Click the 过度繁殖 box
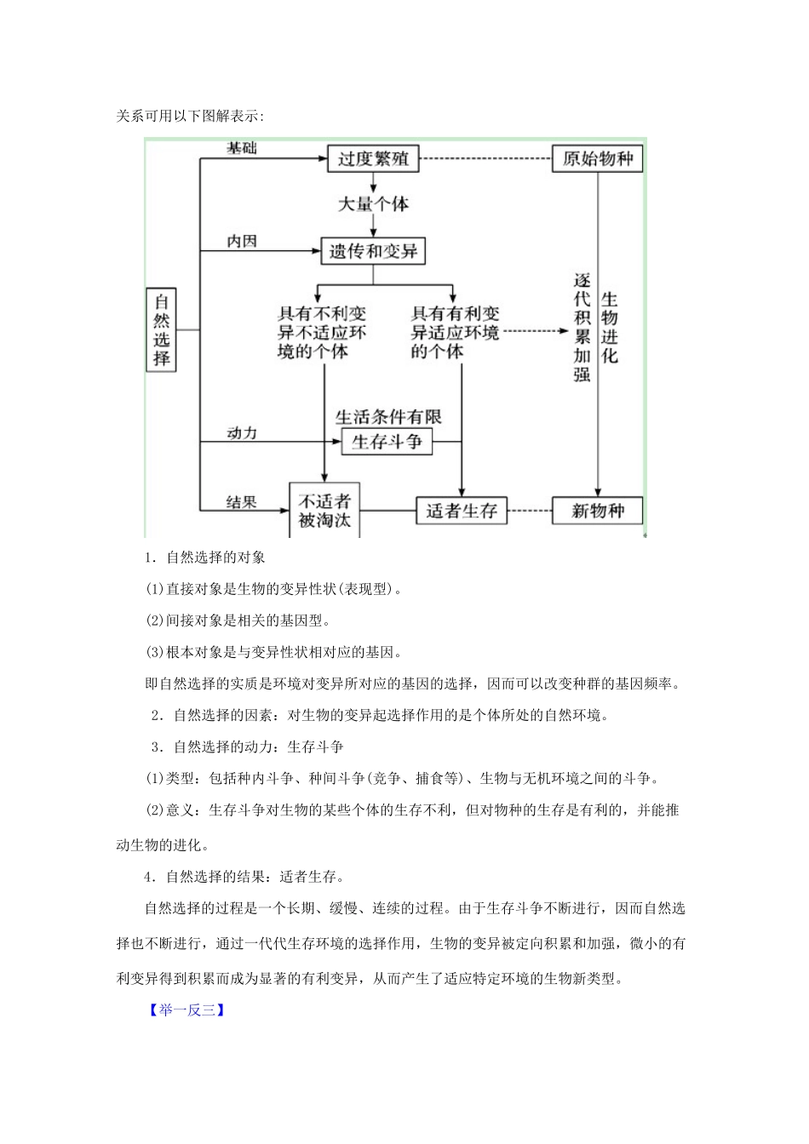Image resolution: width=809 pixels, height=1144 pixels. pos(373,159)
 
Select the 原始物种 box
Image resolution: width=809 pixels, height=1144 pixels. pos(598,159)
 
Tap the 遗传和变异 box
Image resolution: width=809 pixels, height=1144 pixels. pos(373,251)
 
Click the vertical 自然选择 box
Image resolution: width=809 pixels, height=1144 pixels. pos(162,329)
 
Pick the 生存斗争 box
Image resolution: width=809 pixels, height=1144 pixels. pos(387,442)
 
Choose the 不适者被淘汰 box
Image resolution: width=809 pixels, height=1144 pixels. pos(324,511)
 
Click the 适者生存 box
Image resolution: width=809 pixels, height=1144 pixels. pos(462,511)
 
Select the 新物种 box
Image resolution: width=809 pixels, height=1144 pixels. pos(598,511)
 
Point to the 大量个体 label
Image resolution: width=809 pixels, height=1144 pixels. pos(373,204)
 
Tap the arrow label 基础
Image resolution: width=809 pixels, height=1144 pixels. pos(241,148)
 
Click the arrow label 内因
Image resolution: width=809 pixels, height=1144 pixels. pos(241,242)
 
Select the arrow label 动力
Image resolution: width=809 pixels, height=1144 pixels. pos(241,433)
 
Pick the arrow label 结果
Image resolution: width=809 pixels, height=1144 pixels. pos(241,502)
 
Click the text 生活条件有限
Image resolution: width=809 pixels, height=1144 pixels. pos(388,417)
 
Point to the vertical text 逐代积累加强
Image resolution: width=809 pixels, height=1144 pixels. pos(582,327)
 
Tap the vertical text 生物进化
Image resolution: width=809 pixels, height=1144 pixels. pos(610,327)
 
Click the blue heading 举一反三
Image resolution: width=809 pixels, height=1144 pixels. pos(187,1010)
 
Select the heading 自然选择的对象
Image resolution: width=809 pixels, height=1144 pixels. pos(215,558)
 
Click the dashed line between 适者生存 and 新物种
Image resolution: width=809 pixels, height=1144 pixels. pos(530,511)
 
